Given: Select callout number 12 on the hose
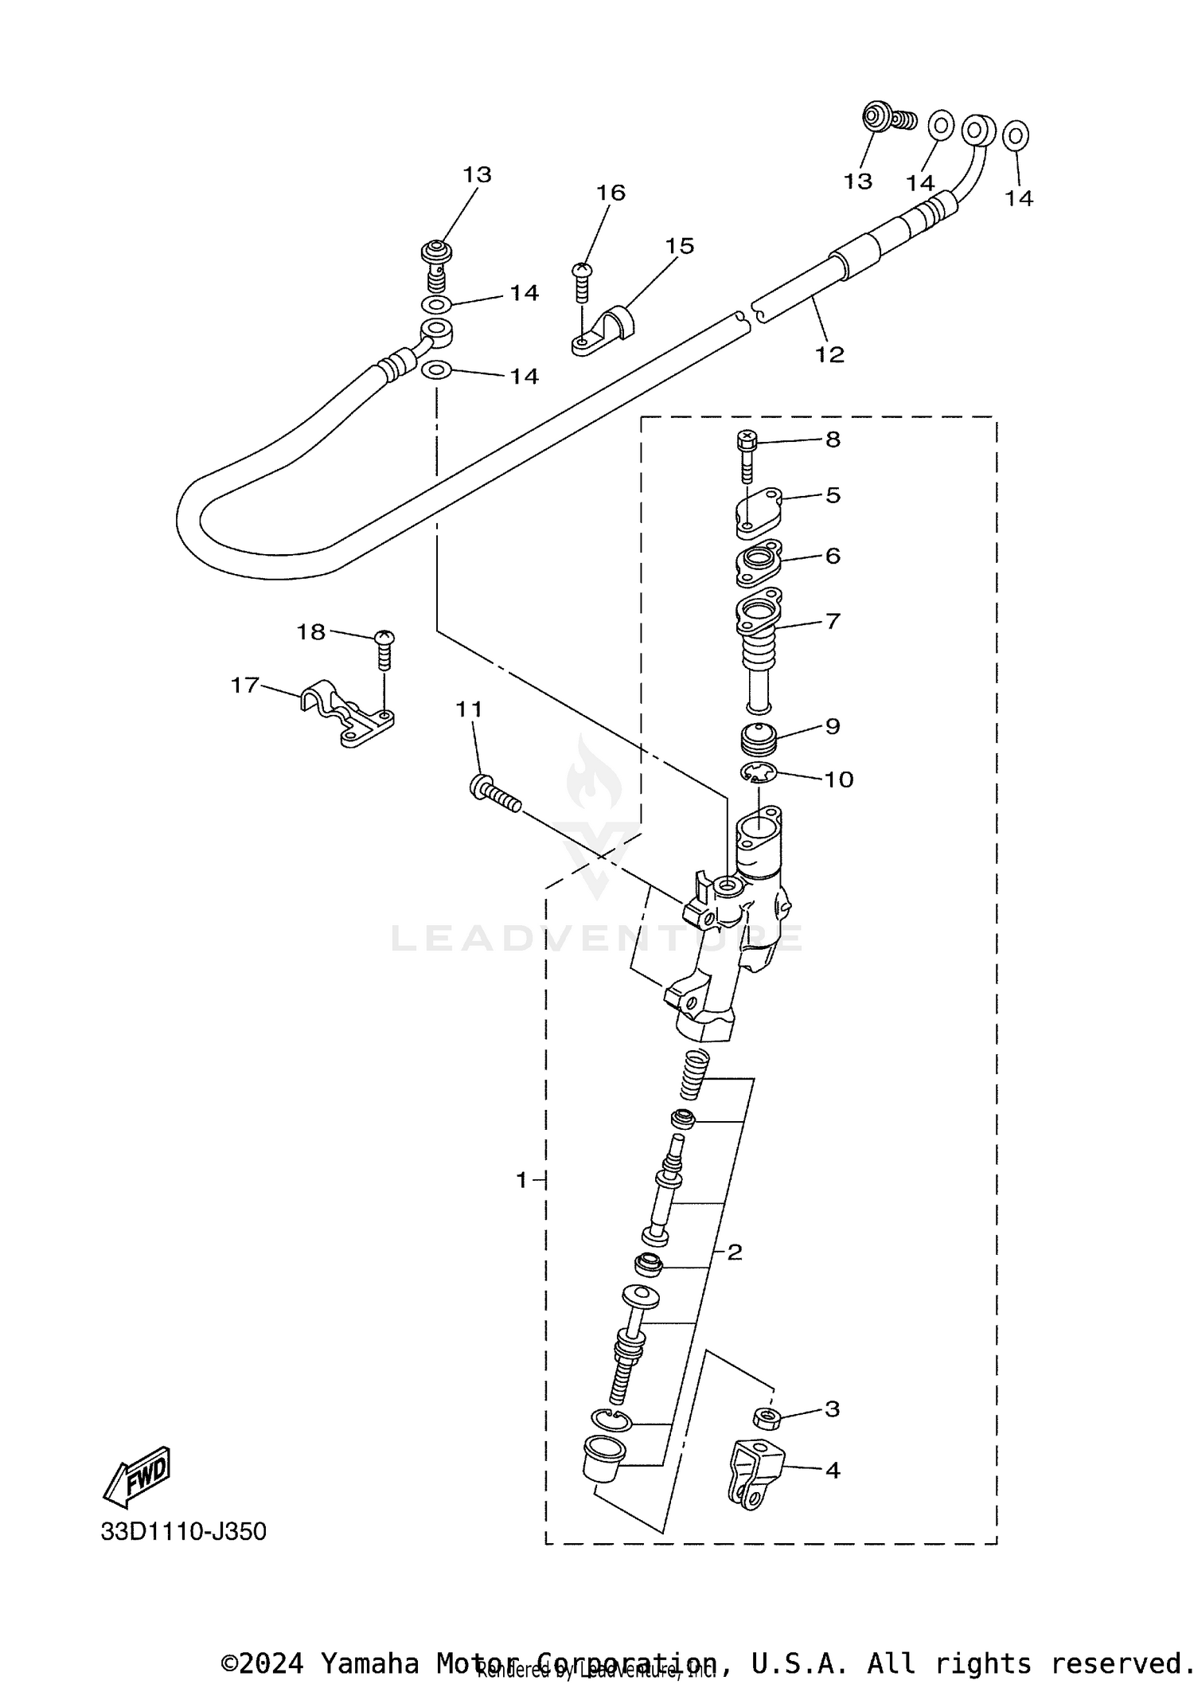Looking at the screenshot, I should click(829, 354).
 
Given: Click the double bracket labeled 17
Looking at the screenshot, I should click(347, 713).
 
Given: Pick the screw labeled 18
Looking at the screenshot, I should click(384, 649).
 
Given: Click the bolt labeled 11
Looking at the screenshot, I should click(494, 795).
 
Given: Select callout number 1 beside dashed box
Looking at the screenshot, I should click(521, 1179).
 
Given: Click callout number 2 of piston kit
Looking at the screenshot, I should click(734, 1252).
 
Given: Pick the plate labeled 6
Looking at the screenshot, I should click(757, 564).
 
